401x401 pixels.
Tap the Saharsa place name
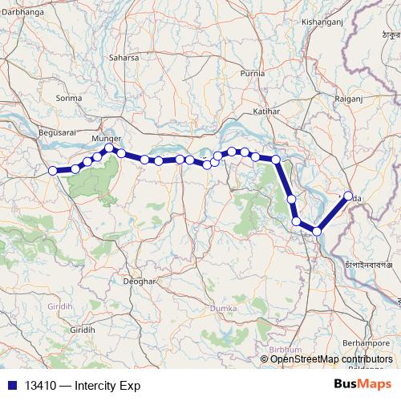(x=124, y=58)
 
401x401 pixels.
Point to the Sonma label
(x=69, y=98)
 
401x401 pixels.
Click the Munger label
(x=106, y=138)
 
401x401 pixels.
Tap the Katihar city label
(x=266, y=111)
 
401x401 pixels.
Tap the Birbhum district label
(x=286, y=350)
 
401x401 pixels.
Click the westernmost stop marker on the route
(x=53, y=170)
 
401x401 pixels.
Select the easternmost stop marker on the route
(x=348, y=196)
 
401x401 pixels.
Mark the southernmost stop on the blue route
(x=317, y=231)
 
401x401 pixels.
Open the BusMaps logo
(x=362, y=384)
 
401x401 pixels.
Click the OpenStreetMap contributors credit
(x=331, y=359)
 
